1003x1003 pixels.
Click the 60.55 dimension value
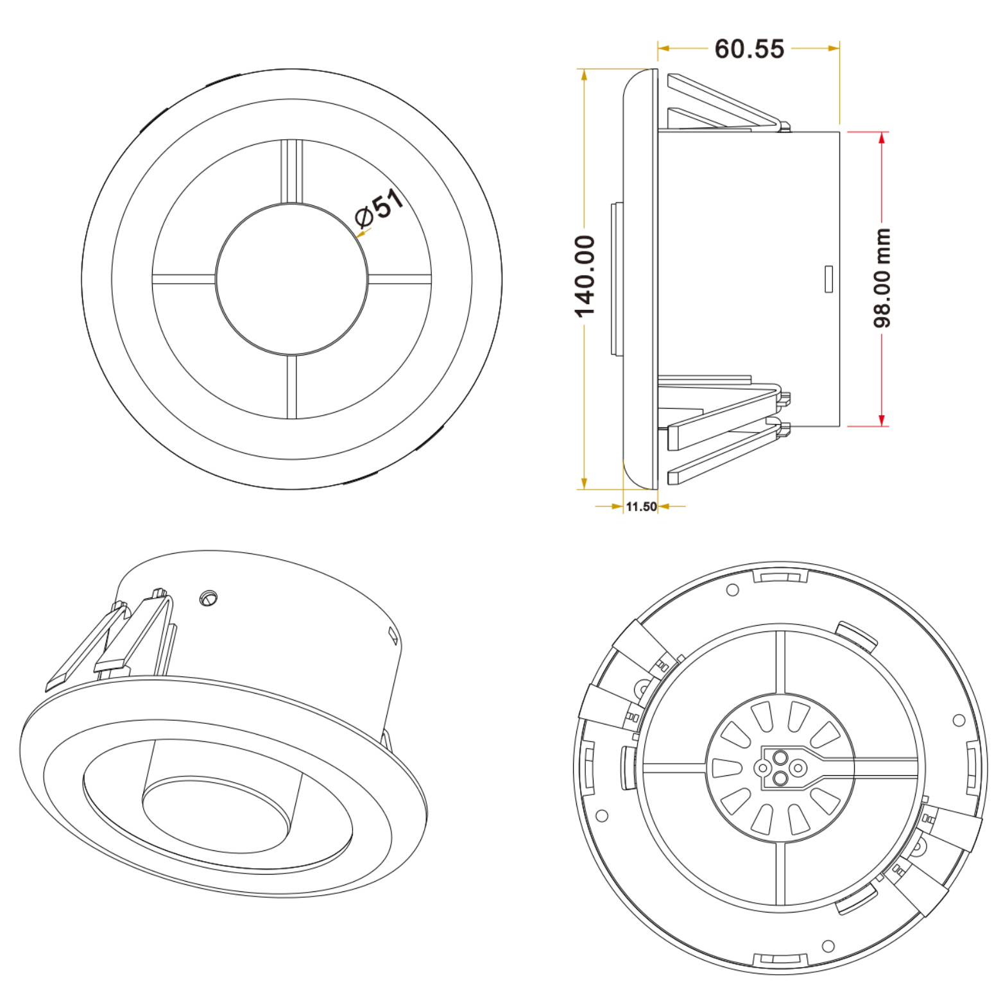(749, 49)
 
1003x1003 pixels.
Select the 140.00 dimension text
(585, 277)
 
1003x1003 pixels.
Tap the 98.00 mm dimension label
(883, 277)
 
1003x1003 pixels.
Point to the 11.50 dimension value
(641, 506)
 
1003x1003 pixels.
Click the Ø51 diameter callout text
(380, 208)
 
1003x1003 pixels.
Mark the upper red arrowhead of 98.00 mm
(882, 138)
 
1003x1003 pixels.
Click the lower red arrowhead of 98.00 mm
(882, 420)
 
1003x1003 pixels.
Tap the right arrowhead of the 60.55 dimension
(834, 48)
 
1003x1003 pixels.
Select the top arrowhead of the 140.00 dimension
(584, 75)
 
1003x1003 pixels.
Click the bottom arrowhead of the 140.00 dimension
(584, 483)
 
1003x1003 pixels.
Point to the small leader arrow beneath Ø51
(362, 234)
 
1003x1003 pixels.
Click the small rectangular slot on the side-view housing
(828, 279)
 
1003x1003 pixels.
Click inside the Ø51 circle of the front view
(292, 279)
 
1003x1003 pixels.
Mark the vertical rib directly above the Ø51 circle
(291, 171)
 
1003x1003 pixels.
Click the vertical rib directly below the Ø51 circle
(293, 386)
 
